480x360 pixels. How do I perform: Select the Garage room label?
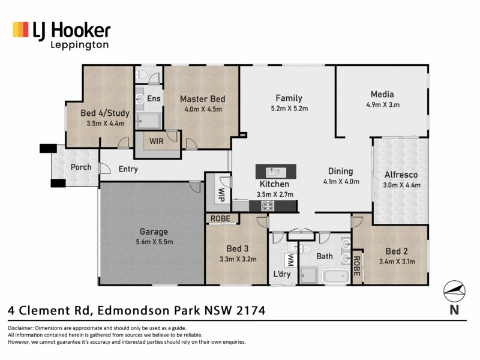click(154, 232)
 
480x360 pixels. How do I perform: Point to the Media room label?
click(382, 94)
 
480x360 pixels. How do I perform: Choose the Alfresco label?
click(401, 175)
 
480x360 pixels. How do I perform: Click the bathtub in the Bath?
click(334, 277)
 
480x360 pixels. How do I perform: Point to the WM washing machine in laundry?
click(290, 259)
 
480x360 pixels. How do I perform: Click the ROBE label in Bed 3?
click(221, 220)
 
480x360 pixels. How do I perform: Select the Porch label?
click(80, 167)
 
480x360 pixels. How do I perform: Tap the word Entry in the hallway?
click(128, 169)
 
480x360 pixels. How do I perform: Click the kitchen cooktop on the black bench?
click(268, 206)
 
